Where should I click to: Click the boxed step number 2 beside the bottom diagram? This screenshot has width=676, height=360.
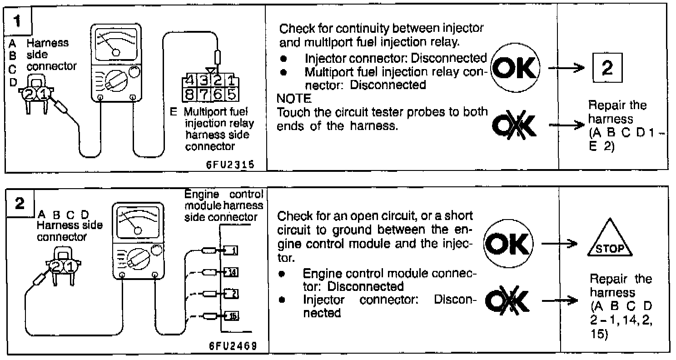(x=20, y=204)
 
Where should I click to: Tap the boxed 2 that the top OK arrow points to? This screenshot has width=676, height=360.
(x=606, y=69)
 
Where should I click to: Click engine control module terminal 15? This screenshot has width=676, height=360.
(x=232, y=316)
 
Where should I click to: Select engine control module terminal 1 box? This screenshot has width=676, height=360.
(x=232, y=250)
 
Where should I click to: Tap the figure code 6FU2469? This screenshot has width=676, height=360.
(x=233, y=346)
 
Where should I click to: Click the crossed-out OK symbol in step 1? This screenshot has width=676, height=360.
(x=514, y=124)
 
